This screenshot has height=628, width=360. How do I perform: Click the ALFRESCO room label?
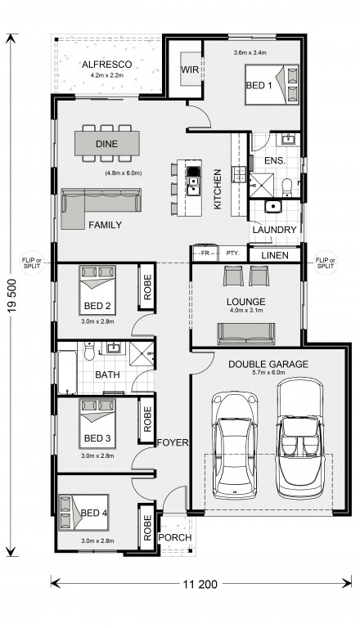click(106, 65)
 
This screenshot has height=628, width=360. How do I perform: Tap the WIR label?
click(190, 70)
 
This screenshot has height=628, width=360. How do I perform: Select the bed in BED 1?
click(272, 84)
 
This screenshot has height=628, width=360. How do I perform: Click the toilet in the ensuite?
click(287, 187)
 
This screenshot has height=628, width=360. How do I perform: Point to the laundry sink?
click(273, 207)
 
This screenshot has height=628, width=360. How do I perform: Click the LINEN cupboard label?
click(275, 255)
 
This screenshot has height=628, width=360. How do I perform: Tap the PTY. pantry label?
click(232, 253)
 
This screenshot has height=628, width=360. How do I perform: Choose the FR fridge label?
click(205, 253)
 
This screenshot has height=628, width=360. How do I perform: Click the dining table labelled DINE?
click(107, 143)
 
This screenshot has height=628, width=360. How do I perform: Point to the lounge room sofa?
click(246, 334)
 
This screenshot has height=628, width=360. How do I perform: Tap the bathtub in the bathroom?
click(67, 373)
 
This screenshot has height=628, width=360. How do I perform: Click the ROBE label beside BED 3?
click(147, 419)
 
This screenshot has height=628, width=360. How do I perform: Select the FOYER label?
click(173, 442)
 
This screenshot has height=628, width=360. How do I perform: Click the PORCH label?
click(175, 537)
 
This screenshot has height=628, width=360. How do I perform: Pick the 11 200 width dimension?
click(200, 585)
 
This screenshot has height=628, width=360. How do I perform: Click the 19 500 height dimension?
click(12, 295)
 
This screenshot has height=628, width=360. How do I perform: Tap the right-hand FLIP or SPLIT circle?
click(325, 262)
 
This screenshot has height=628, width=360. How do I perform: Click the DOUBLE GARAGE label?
click(268, 364)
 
